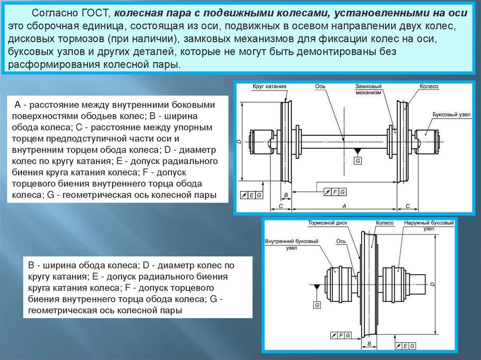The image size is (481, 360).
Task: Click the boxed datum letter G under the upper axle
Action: click(x=358, y=161)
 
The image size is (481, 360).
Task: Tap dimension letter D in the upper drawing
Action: click(x=239, y=141)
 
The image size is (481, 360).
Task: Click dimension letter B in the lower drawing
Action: click(x=369, y=344)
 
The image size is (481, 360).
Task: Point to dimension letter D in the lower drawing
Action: click(x=432, y=283)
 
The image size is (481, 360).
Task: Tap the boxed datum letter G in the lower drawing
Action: click(x=317, y=306)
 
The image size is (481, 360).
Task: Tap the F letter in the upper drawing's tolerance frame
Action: click(x=335, y=191)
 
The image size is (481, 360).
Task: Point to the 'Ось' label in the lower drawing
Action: click(x=341, y=241)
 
